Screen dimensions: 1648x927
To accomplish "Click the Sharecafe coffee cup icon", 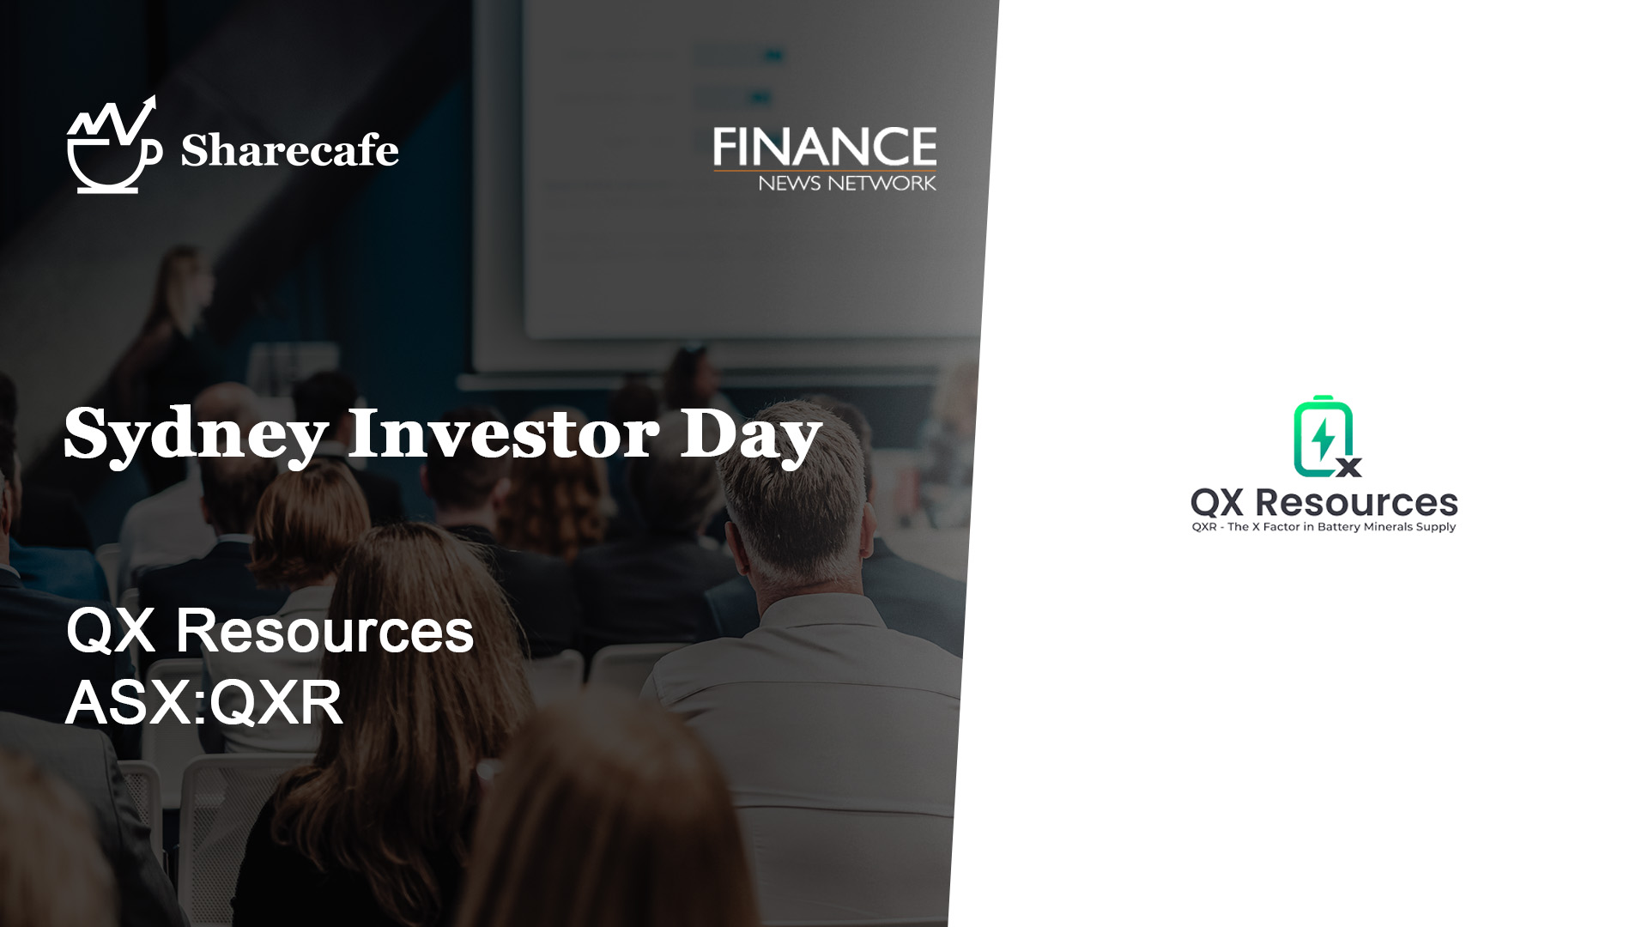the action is point(114,146).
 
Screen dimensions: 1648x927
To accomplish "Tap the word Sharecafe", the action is point(289,150).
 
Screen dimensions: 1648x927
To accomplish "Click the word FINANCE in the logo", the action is point(825,147).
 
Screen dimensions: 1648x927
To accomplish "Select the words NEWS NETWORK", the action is point(847,182).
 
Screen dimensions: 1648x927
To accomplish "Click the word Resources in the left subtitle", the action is point(324,631).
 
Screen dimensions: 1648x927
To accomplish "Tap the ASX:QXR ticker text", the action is point(204,702).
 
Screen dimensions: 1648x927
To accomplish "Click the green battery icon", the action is point(1324,436).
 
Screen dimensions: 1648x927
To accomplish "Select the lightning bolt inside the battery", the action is point(1323,439).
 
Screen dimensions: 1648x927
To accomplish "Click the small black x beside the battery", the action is point(1349,467).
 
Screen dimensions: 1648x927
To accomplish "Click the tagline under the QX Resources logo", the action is point(1324,527).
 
